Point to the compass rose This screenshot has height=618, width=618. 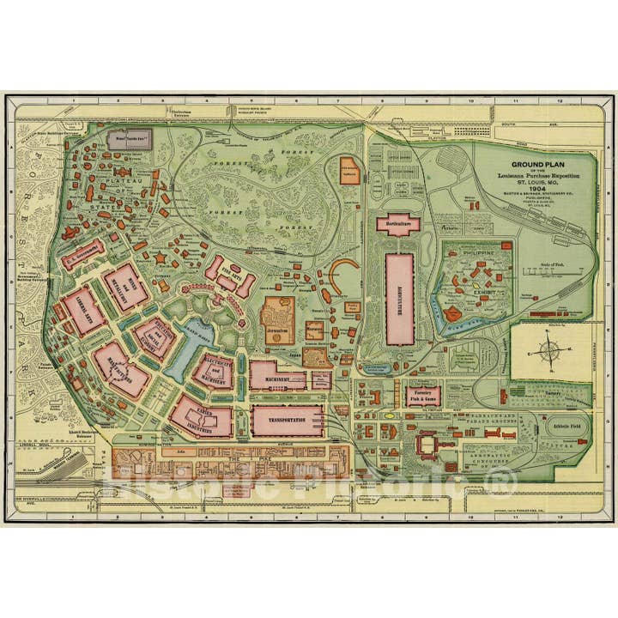click(x=545, y=350)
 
